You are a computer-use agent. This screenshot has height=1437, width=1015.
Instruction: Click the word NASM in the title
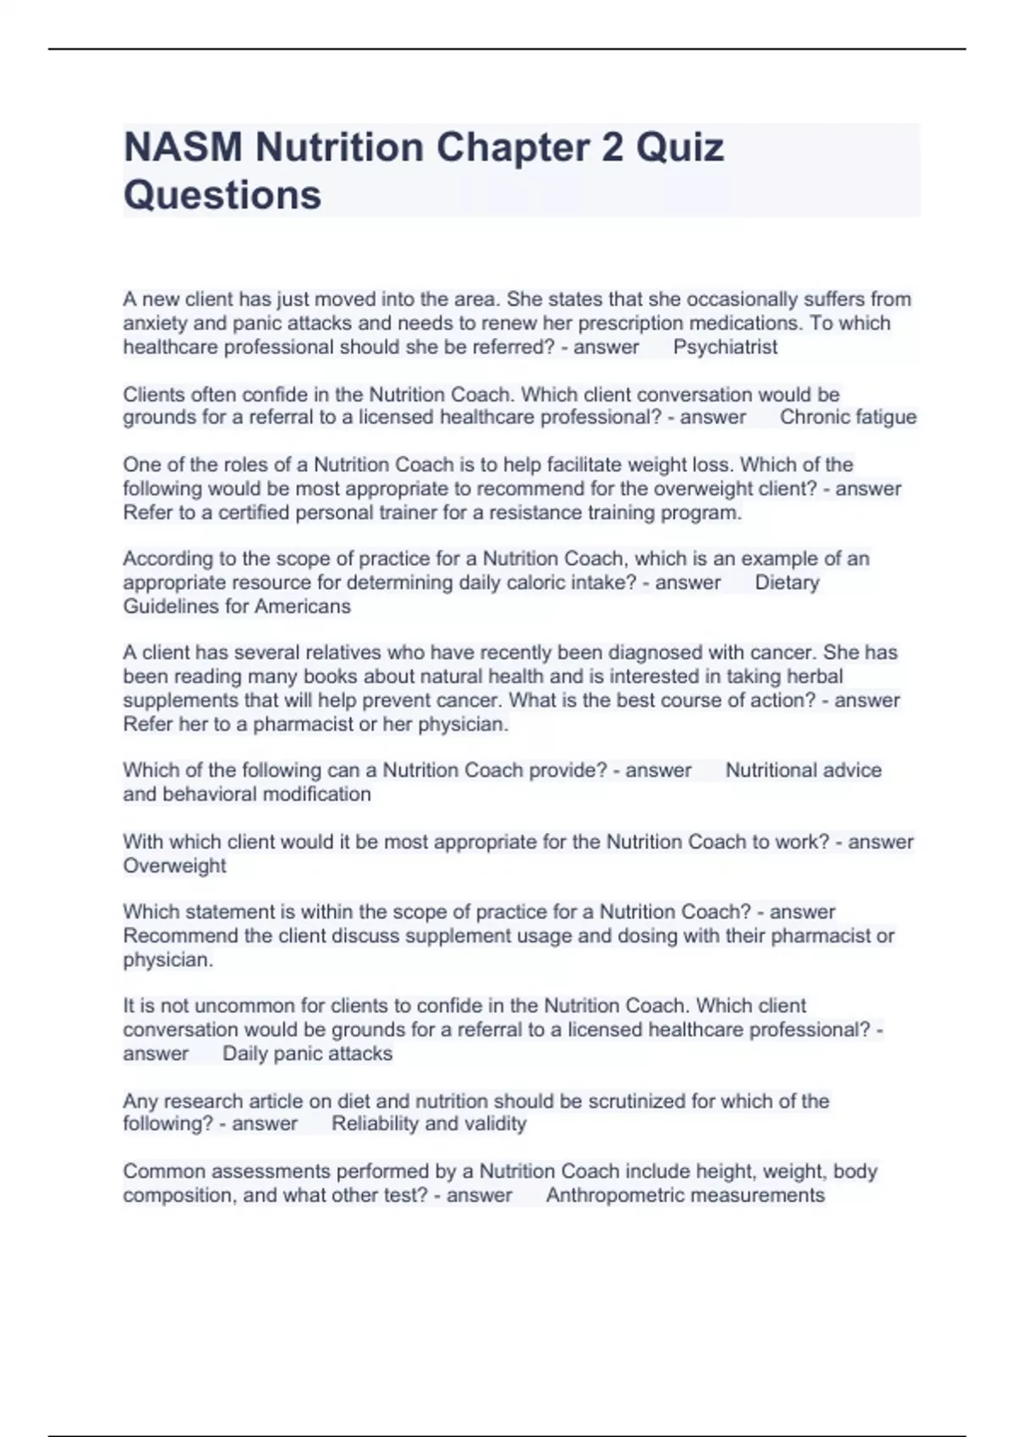click(183, 147)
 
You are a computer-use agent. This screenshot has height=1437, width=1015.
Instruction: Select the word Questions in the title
click(222, 194)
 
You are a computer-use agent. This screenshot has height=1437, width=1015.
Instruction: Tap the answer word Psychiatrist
click(725, 347)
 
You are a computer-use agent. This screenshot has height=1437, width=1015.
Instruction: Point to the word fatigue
click(885, 417)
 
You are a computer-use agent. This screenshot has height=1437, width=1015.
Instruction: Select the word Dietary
click(787, 582)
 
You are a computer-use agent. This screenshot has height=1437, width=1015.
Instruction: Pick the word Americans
click(302, 606)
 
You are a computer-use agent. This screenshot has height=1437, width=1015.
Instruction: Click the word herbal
click(815, 676)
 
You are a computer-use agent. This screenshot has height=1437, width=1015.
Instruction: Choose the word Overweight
click(174, 866)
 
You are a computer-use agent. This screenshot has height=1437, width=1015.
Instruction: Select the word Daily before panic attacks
click(246, 1053)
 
